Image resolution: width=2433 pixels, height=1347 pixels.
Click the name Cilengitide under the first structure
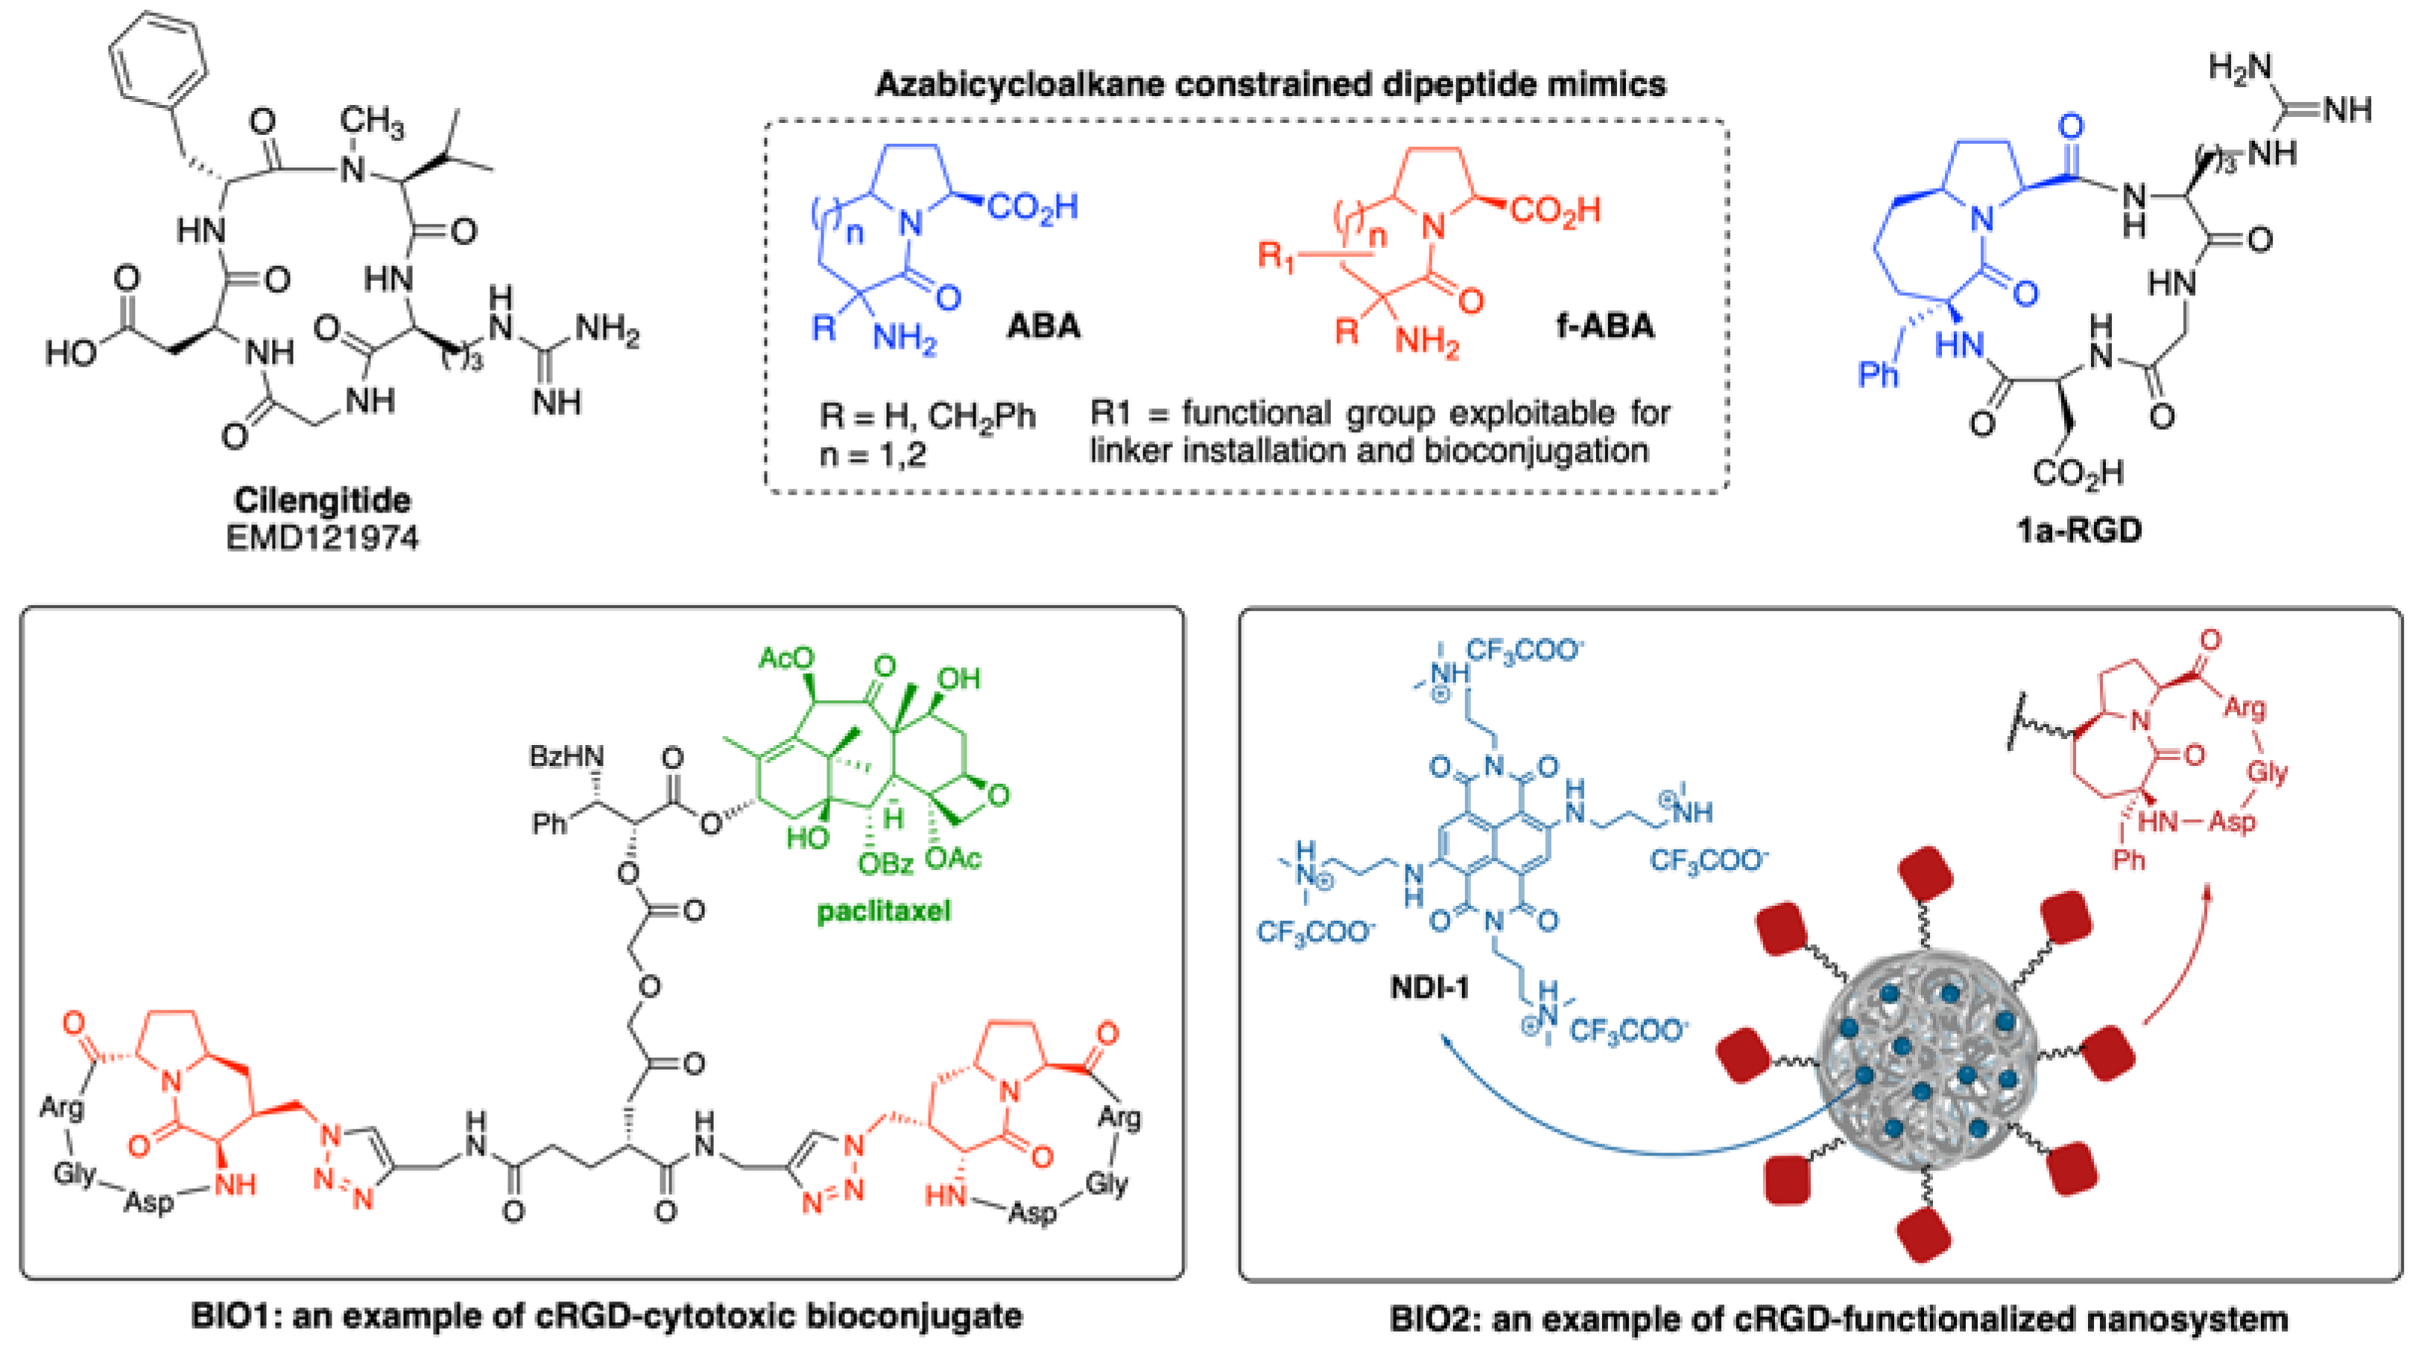tap(322, 500)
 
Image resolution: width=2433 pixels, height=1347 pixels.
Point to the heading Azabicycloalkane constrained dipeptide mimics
tap(1271, 85)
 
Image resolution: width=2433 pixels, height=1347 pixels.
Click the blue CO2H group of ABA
tap(1031, 207)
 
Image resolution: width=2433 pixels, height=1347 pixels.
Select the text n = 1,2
tap(873, 455)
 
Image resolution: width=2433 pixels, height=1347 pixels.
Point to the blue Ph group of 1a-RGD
tap(1878, 375)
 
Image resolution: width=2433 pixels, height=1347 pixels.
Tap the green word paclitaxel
tap(883, 912)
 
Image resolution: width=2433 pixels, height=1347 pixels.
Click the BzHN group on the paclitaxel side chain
tap(566, 757)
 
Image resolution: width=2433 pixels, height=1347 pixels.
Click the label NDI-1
tap(1430, 988)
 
